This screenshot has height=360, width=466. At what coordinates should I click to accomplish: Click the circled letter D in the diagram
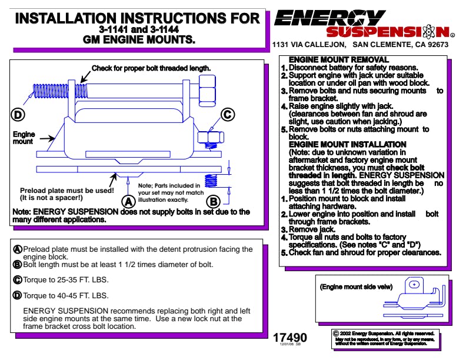point(18,115)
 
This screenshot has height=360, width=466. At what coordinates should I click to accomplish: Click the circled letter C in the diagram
point(228,114)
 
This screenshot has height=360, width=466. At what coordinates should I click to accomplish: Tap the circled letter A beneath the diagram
point(128,202)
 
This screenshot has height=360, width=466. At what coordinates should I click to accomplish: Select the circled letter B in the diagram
point(214,202)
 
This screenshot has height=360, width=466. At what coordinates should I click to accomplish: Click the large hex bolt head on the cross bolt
point(207,91)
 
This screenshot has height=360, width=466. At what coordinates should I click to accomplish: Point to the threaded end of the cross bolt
point(51,91)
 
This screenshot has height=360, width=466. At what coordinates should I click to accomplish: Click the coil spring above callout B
point(211,181)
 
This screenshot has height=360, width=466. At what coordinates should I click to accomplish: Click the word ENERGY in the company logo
point(330,18)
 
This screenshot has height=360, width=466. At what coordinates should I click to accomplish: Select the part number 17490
point(289,338)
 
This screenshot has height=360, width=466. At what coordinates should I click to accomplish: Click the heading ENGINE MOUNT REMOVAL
point(339,59)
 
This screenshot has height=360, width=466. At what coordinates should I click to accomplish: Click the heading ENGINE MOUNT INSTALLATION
point(347,144)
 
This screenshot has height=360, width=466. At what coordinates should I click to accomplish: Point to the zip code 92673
point(438,45)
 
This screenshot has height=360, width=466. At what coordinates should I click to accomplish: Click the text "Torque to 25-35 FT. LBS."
point(66,280)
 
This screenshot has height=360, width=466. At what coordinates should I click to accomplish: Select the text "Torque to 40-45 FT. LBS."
point(66,295)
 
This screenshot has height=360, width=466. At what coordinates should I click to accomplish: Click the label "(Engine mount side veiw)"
point(356,286)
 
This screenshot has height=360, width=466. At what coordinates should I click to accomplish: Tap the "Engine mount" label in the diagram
point(24,138)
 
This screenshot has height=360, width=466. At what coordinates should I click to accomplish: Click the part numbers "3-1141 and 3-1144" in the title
point(139,29)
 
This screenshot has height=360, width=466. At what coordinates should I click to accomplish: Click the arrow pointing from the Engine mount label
point(47,138)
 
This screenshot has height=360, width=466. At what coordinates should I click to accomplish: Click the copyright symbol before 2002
point(336,334)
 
